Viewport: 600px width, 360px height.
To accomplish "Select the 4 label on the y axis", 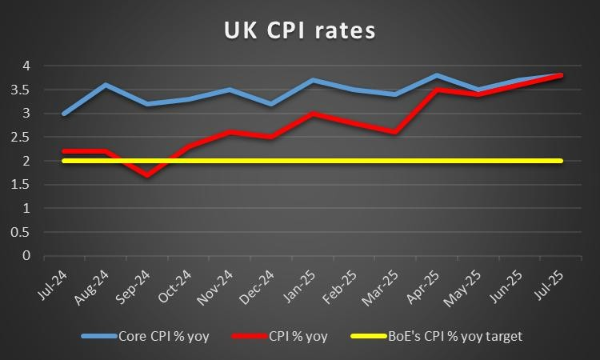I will point(27,66).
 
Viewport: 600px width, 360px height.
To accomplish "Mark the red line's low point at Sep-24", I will point(148,175).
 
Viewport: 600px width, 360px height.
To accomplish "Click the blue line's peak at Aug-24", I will point(106,84).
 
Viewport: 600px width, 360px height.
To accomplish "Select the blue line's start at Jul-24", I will point(64,114).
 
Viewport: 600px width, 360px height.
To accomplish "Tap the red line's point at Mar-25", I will point(394,132).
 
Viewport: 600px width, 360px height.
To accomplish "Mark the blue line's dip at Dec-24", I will point(270,104).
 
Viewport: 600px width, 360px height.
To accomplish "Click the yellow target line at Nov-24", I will point(229,161).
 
